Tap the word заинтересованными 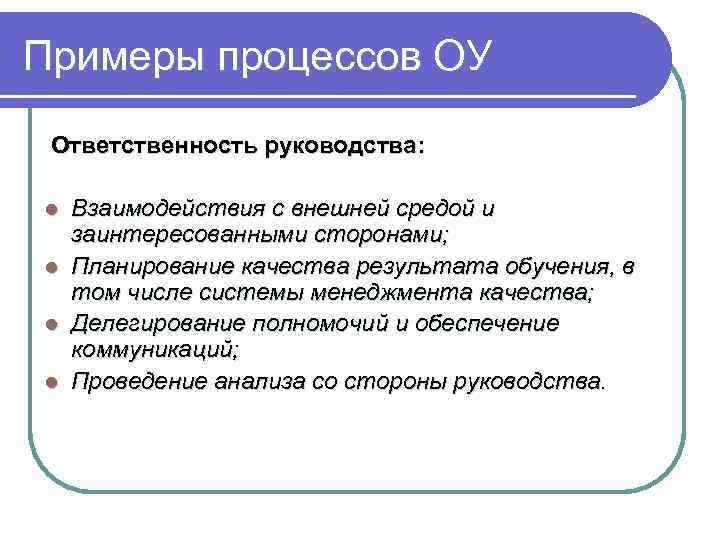(x=176, y=236)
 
